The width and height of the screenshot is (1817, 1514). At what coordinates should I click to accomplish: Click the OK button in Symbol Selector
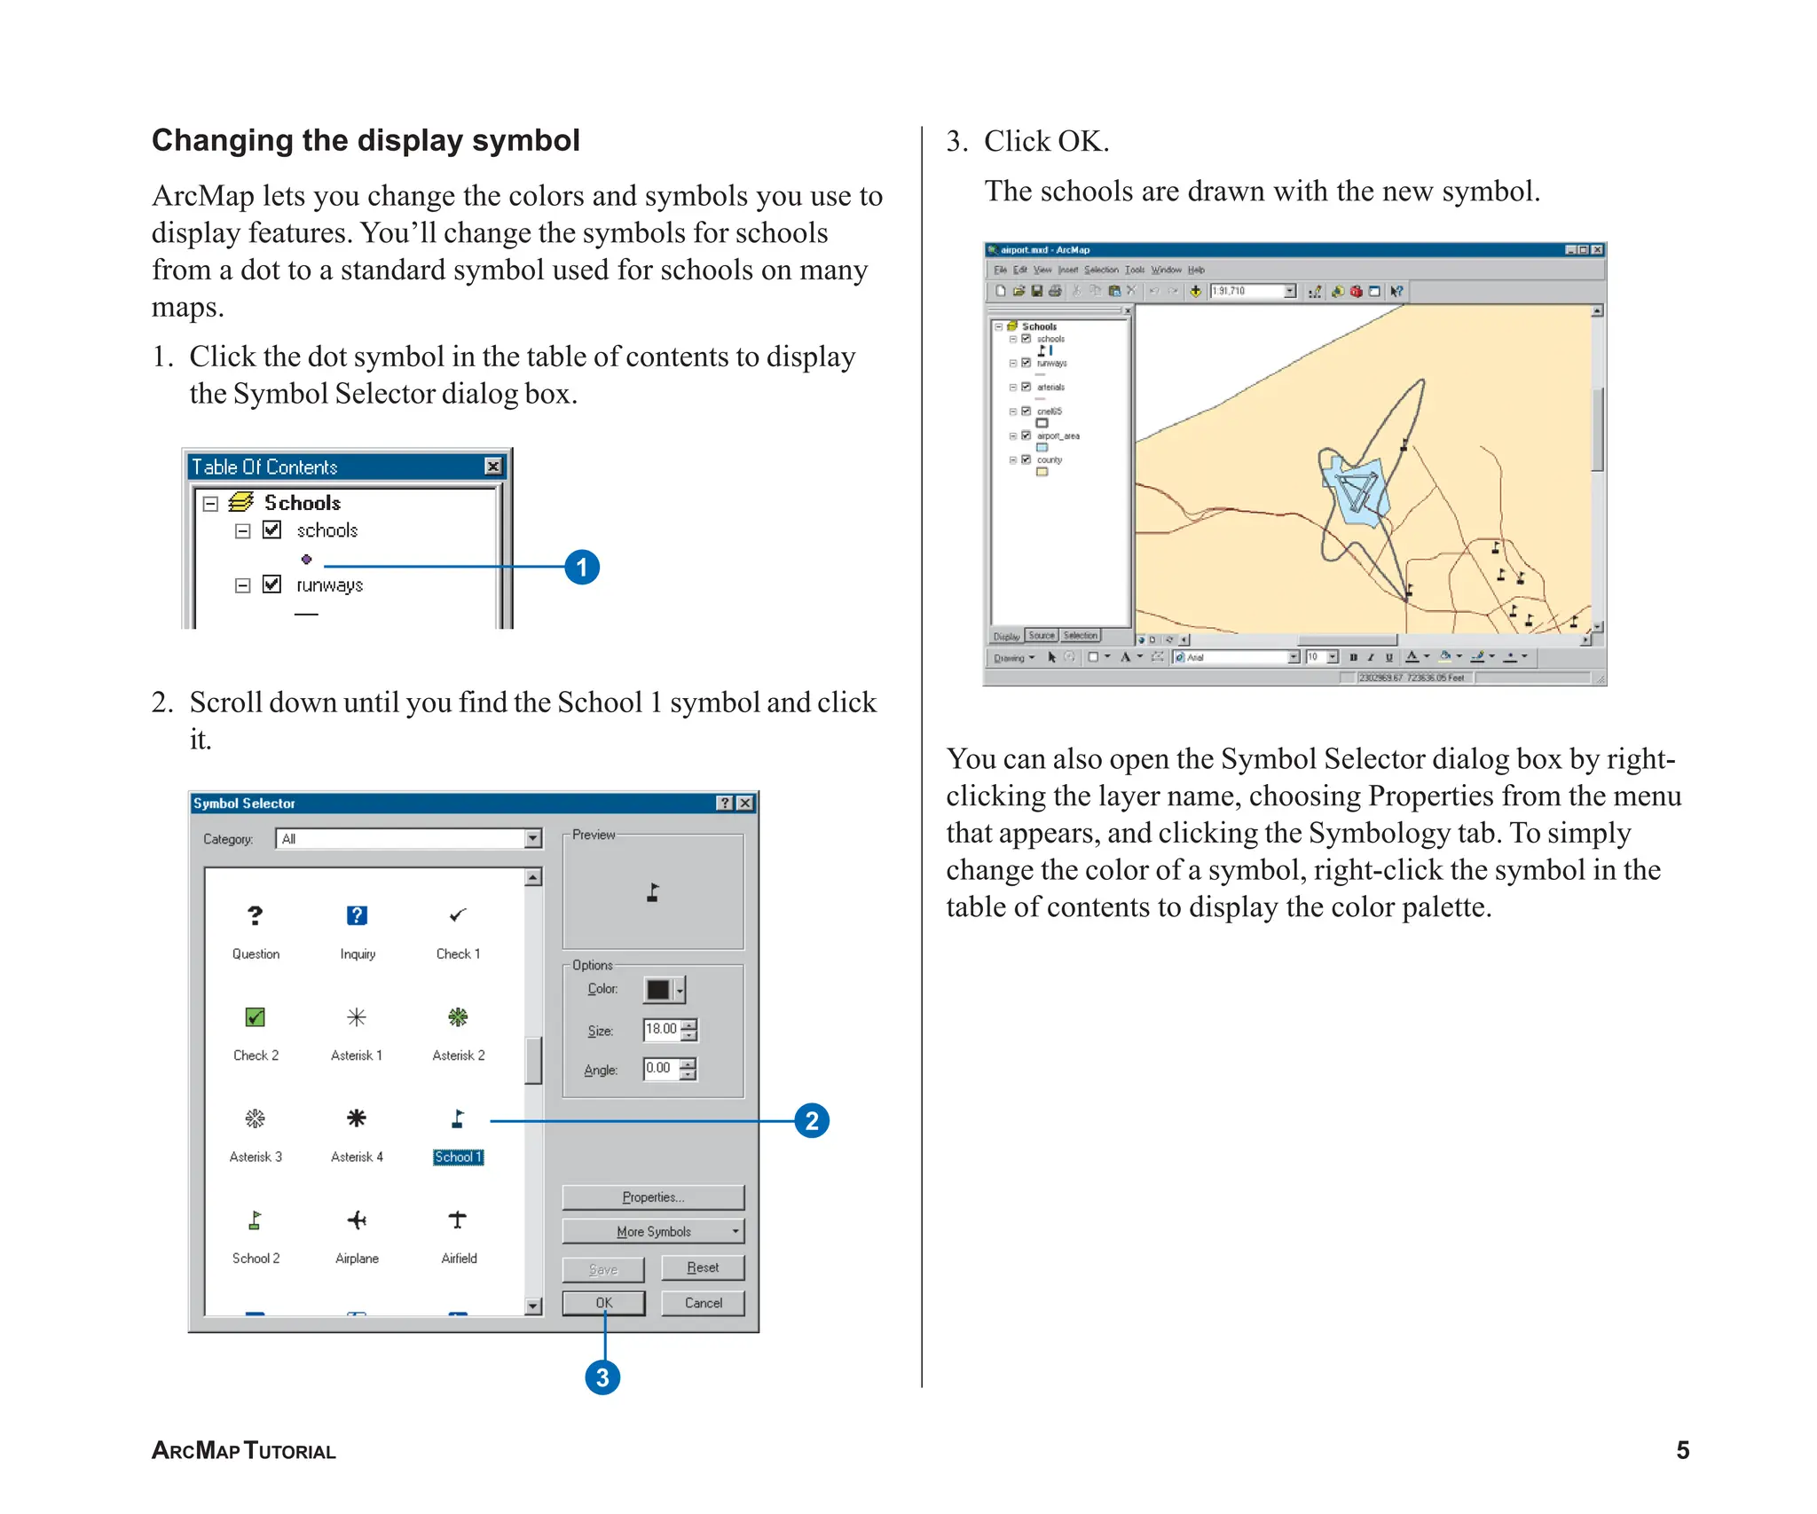[603, 1303]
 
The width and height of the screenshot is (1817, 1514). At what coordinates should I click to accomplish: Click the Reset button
[702, 1267]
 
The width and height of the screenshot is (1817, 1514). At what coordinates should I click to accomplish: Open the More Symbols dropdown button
[653, 1232]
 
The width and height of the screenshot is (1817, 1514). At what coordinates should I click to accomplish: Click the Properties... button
[653, 1197]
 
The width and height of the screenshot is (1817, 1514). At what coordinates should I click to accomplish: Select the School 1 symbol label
[458, 1157]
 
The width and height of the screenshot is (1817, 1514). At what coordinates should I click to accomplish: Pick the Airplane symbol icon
[357, 1220]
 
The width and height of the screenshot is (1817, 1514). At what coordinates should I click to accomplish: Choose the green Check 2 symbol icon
[256, 1017]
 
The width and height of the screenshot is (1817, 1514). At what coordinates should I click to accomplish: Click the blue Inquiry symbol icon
[357, 915]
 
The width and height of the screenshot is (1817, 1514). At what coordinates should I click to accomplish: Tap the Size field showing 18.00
[662, 1029]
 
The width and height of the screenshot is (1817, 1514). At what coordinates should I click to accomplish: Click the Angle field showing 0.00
[660, 1069]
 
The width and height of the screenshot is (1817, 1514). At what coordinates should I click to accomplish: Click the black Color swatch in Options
[658, 990]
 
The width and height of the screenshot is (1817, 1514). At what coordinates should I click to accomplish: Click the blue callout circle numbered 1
[582, 567]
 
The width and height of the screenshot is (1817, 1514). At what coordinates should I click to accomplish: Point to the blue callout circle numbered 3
[602, 1377]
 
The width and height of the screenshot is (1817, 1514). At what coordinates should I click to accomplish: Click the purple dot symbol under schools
[306, 560]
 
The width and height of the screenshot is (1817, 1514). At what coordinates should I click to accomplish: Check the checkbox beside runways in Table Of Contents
[272, 584]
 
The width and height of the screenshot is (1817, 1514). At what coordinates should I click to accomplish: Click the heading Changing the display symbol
[366, 140]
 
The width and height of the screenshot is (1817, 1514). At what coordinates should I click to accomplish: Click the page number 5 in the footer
[1682, 1450]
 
